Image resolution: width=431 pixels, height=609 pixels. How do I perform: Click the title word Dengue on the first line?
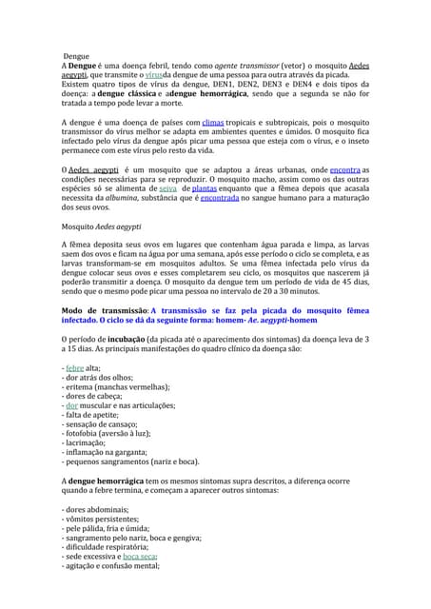[78, 57]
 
